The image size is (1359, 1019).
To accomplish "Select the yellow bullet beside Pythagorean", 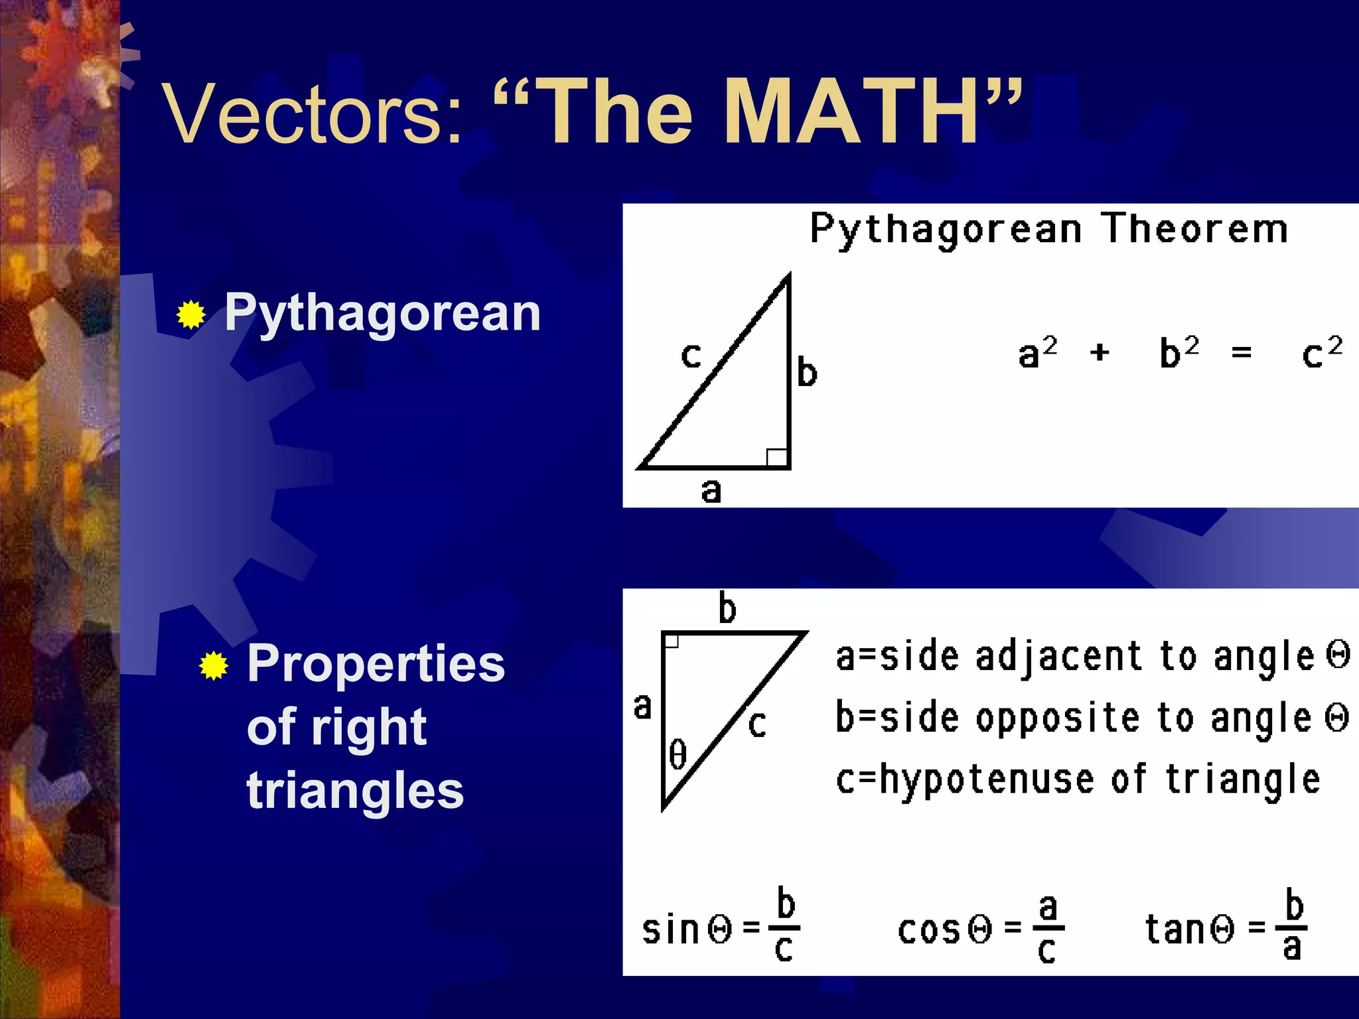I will pos(191,314).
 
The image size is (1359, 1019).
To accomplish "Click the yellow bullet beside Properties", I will pos(214,665).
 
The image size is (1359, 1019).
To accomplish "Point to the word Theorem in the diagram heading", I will pos(1194,229).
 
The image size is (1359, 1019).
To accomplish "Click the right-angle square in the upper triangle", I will pos(776,457).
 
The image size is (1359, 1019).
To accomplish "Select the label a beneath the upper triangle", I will pos(711,492).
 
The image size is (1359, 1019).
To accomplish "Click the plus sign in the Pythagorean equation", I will pos(1100,352).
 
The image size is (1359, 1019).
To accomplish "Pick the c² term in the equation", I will pos(1321,352).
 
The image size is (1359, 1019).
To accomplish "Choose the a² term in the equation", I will pos(1037,352).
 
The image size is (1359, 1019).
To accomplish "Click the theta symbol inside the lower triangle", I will pos(678,755).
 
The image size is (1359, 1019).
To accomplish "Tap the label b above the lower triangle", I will pos(727,608).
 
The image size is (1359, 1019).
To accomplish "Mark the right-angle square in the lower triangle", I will pos(671,640).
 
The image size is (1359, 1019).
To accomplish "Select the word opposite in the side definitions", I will pos(1057,718).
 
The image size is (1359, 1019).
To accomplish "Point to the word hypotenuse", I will pos(986,779).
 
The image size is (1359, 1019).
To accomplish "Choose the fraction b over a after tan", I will pos(1293,926).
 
